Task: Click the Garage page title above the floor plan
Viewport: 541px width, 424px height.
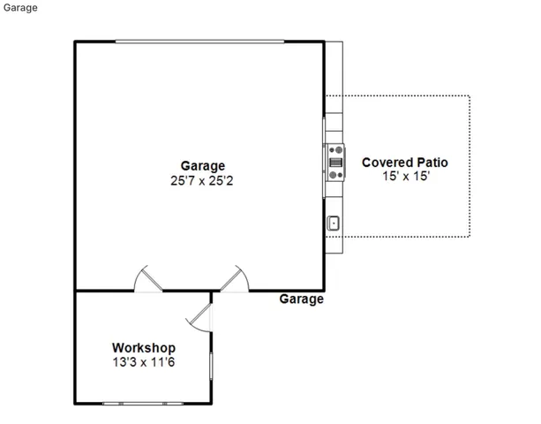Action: (x=19, y=9)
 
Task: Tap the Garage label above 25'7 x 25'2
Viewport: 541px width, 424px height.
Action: (x=202, y=165)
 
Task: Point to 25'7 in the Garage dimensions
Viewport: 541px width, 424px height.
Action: (x=179, y=180)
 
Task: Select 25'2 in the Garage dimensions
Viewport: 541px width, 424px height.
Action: (x=225, y=180)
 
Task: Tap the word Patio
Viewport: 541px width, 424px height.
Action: (x=432, y=163)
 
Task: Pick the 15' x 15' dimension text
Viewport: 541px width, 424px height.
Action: (x=405, y=177)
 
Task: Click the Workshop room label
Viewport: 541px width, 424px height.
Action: (x=143, y=348)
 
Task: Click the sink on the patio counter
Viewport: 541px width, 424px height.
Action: (x=334, y=223)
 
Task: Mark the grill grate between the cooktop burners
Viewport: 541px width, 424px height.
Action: (x=335, y=162)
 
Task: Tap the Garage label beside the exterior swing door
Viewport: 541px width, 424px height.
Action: (x=301, y=299)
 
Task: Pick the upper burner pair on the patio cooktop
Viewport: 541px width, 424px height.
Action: (x=335, y=150)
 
